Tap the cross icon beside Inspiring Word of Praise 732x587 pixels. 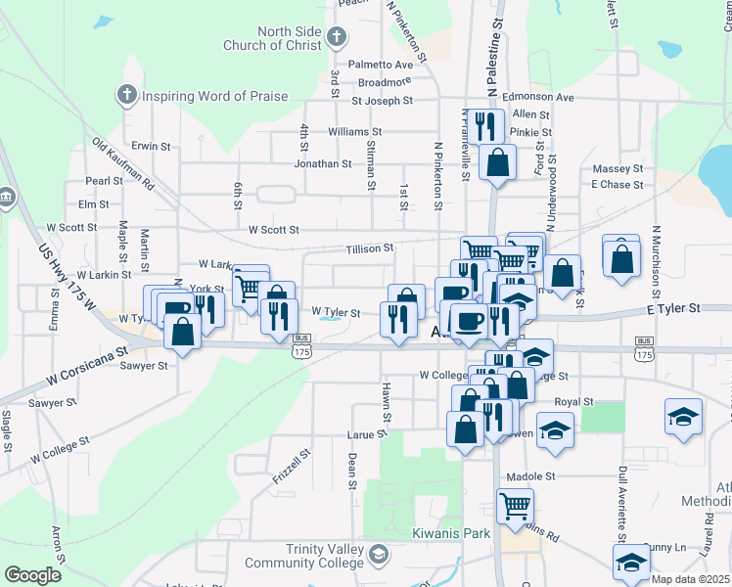click(125, 95)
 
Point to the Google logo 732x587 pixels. click(32, 575)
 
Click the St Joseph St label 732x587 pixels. click(382, 100)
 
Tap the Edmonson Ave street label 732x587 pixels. click(537, 98)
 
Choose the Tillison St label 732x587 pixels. click(367, 249)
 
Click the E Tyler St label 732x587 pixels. click(674, 307)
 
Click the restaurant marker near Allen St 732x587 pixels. click(484, 125)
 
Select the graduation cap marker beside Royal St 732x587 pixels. click(555, 431)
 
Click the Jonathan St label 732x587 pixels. click(323, 163)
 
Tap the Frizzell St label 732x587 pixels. click(292, 469)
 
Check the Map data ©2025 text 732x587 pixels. click(690, 579)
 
